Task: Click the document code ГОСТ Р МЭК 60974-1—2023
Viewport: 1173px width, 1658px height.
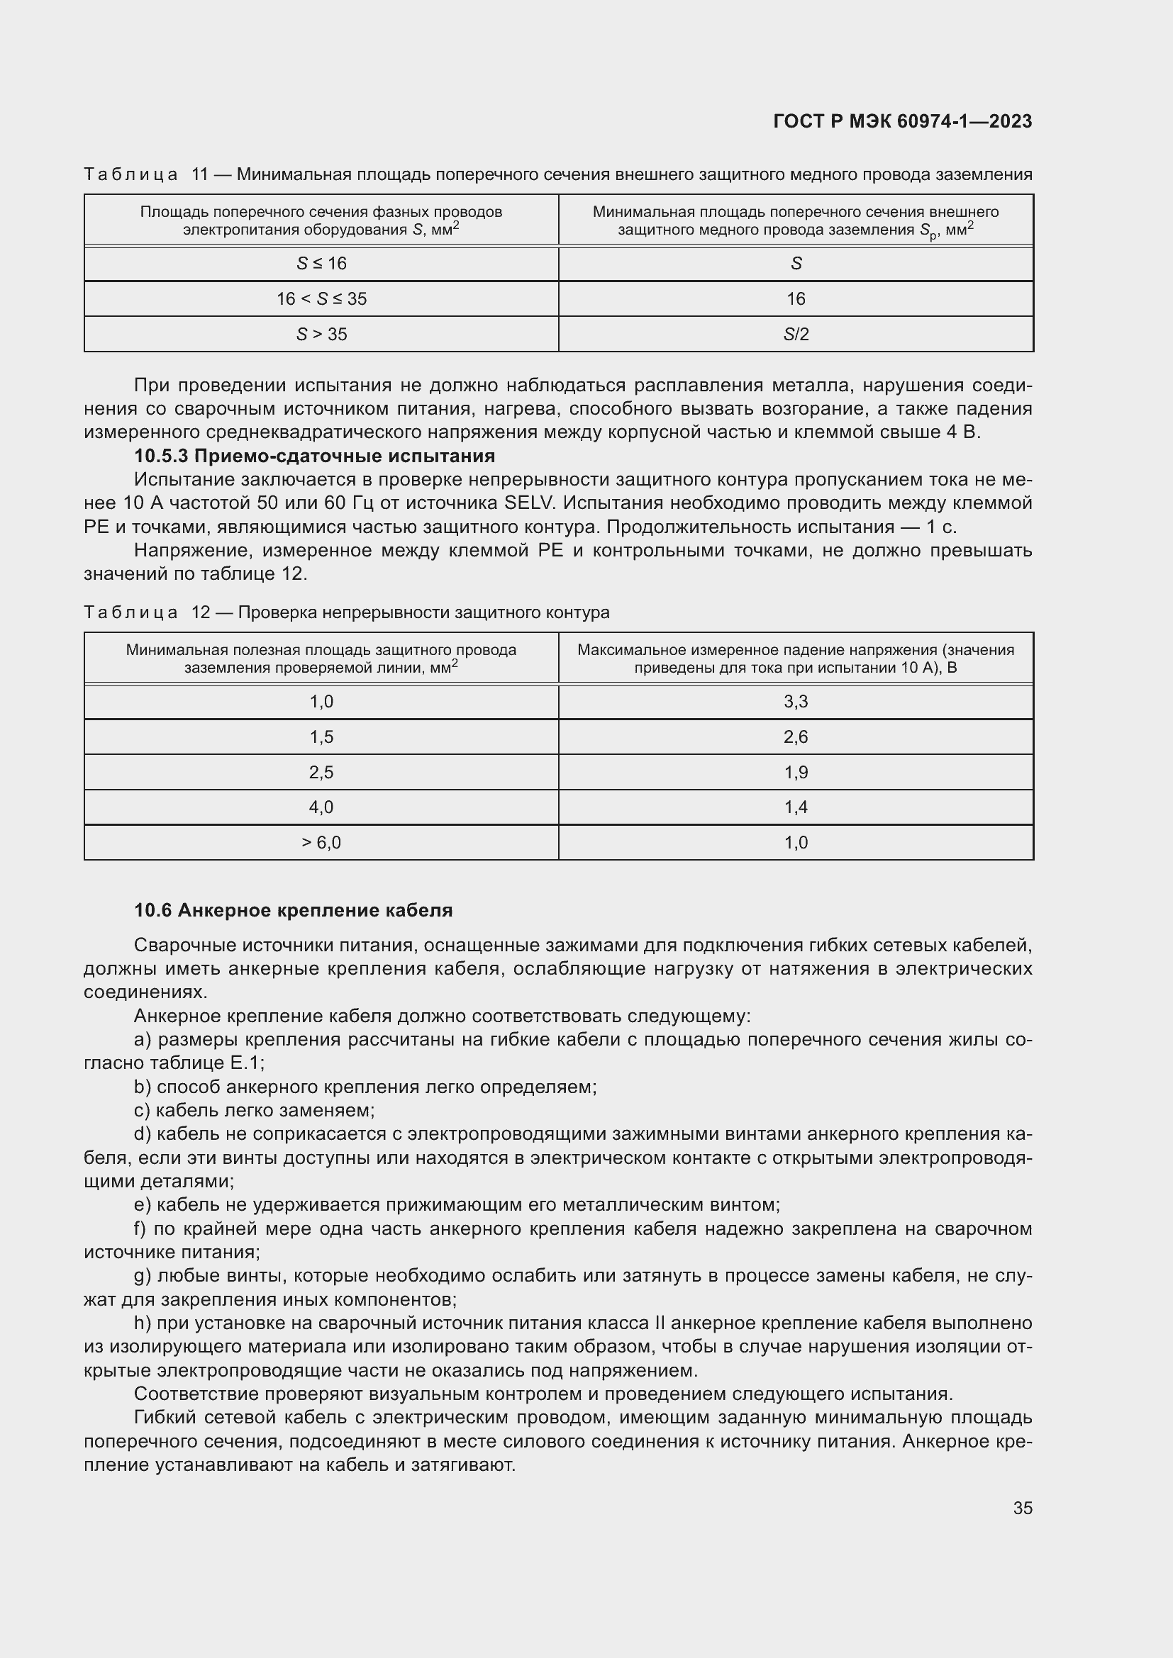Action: tap(902, 121)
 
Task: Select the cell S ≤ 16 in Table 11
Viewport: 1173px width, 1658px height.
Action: tap(321, 264)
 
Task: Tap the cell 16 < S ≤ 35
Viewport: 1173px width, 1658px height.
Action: tap(321, 299)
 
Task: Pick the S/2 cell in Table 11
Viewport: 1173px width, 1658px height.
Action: tap(795, 335)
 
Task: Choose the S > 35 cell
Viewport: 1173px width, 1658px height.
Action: tap(321, 335)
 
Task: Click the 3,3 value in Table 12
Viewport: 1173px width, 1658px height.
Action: tap(795, 701)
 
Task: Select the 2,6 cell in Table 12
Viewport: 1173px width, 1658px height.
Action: tap(795, 736)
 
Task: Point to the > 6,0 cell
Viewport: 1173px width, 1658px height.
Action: tap(321, 843)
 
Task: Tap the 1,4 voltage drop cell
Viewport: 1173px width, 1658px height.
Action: tap(795, 807)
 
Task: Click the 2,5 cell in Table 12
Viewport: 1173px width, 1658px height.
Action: tap(321, 772)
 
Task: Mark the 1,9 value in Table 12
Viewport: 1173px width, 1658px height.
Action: tap(795, 772)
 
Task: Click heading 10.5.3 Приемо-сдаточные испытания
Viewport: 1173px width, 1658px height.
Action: tap(314, 456)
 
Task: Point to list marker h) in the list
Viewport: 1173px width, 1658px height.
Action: tap(142, 1323)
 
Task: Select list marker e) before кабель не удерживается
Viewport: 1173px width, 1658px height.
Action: tap(142, 1204)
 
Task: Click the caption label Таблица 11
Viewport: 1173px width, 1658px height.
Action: tap(145, 174)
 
